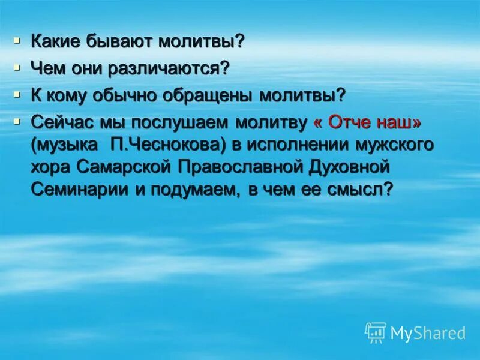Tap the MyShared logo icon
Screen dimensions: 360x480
click(x=376, y=332)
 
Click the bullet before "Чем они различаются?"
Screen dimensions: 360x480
click(x=18, y=67)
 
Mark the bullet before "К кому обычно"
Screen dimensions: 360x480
click(x=18, y=93)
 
